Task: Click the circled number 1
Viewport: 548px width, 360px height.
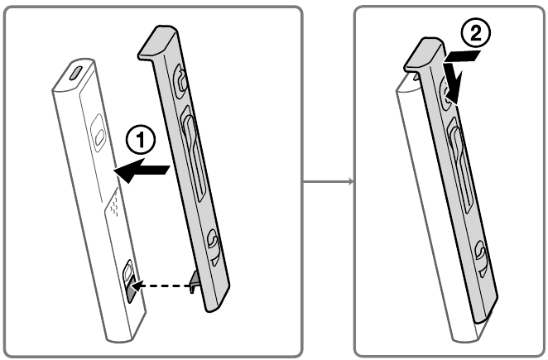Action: [140, 140]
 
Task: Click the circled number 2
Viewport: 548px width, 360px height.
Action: [476, 33]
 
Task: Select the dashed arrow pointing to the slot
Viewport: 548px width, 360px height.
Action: [164, 286]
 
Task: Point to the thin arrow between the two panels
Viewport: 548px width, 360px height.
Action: [328, 181]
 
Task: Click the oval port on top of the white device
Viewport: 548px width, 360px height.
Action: [75, 73]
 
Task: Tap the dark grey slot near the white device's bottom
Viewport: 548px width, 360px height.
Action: [131, 289]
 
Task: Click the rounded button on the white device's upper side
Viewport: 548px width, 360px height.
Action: [98, 132]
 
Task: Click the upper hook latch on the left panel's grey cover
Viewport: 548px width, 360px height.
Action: [180, 81]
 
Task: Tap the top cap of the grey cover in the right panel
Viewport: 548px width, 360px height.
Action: [425, 53]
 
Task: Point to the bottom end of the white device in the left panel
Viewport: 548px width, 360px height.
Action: [120, 338]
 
